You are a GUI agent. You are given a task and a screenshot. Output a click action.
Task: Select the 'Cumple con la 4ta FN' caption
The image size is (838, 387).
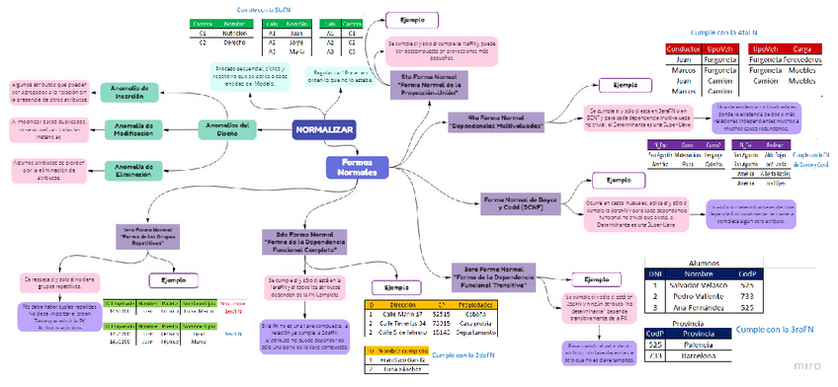point(759,33)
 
